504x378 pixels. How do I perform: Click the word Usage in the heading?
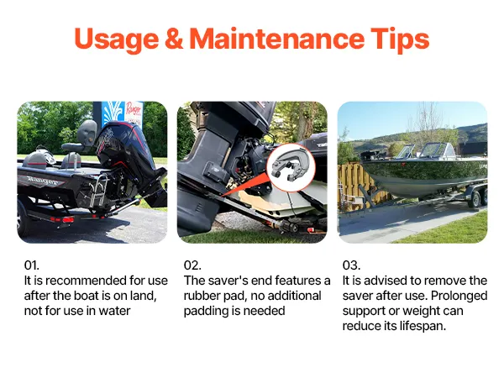(x=117, y=39)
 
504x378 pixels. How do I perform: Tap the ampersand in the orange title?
(x=174, y=39)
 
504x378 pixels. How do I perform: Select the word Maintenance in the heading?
(x=276, y=39)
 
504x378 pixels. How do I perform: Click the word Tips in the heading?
(x=400, y=39)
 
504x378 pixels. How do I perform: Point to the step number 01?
(x=32, y=265)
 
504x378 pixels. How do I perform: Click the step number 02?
(x=192, y=265)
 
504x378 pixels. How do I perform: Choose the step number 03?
(x=351, y=265)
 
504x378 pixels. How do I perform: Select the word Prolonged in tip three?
(x=459, y=296)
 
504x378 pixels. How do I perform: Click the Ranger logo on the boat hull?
(x=42, y=181)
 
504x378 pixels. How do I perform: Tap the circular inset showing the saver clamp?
(x=291, y=167)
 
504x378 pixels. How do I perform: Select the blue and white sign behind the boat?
(x=118, y=114)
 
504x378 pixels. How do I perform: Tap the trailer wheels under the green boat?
(x=478, y=197)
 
